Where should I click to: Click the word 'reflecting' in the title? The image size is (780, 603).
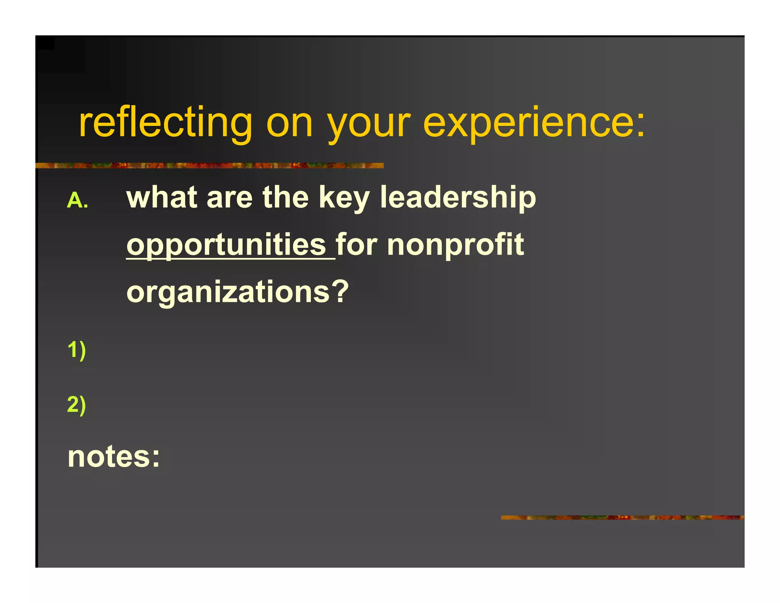165,123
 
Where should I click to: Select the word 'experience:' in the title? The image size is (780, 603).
534,123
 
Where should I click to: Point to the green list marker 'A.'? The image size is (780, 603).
78,200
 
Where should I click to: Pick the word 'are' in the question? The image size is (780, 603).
229,198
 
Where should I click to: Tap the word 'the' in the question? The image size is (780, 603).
285,197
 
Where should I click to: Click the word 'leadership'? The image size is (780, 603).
458,198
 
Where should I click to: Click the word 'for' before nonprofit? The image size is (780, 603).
356,244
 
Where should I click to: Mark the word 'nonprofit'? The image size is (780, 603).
456,245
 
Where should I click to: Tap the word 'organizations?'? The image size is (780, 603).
237,292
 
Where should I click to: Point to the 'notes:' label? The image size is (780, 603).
113,456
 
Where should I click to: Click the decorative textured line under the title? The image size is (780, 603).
209,165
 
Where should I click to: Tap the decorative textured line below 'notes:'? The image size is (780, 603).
622,517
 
